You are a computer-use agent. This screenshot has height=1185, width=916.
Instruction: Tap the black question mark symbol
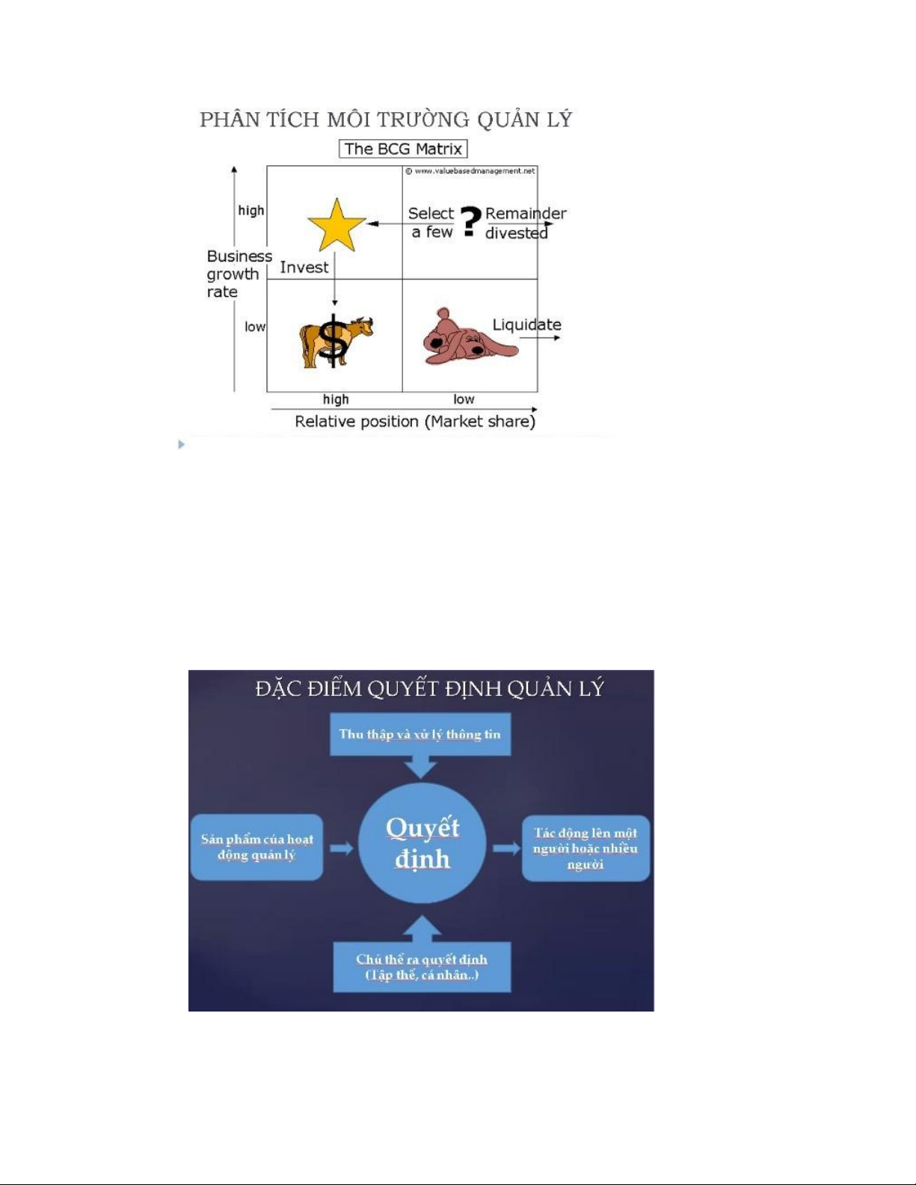tap(470, 221)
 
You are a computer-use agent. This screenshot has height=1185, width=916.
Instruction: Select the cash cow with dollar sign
tap(335, 342)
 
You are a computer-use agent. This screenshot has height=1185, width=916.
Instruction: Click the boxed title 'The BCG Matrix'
tap(403, 149)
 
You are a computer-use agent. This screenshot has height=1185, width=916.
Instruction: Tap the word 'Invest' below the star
tap(304, 267)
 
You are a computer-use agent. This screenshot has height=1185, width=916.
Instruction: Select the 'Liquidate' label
tap(526, 325)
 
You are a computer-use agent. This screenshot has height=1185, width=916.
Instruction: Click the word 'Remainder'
tap(526, 213)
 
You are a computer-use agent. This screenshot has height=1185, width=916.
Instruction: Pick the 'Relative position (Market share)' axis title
tap(415, 422)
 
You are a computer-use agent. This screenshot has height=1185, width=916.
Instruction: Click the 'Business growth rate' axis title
tap(239, 274)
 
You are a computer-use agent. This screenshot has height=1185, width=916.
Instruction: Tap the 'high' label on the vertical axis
tap(250, 211)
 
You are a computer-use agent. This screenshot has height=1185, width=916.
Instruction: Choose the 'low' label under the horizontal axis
tap(464, 399)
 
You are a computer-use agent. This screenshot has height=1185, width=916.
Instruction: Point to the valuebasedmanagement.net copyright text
tap(470, 171)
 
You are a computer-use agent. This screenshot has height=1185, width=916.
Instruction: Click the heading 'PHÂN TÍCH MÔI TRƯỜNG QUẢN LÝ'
tap(386, 120)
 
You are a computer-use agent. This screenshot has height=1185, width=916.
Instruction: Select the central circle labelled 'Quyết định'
tap(422, 843)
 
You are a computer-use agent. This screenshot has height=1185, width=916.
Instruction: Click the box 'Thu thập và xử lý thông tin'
tap(420, 734)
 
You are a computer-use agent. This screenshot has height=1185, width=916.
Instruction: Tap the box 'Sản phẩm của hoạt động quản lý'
tap(256, 847)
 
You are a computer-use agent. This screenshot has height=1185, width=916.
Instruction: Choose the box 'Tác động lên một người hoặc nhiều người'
tap(585, 848)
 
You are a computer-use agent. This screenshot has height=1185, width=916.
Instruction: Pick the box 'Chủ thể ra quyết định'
tap(422, 967)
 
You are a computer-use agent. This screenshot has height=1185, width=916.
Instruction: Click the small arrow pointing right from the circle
tap(506, 848)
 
